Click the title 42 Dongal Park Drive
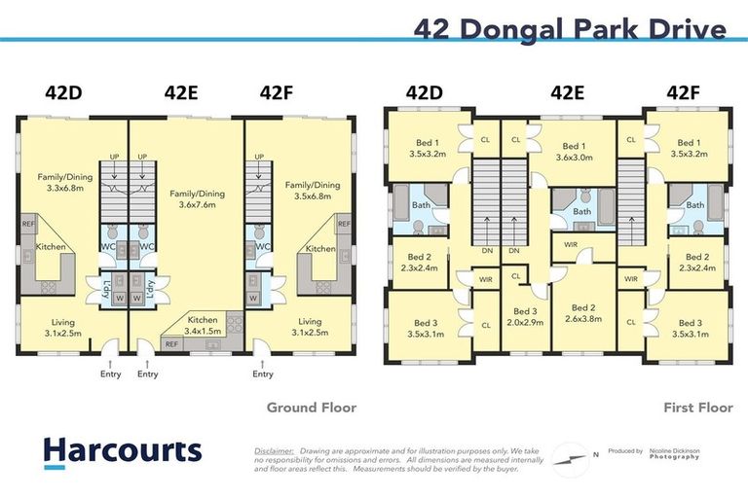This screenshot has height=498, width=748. [x=570, y=29]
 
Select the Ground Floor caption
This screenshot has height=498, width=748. [x=312, y=408]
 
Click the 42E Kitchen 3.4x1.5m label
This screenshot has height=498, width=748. [x=204, y=325]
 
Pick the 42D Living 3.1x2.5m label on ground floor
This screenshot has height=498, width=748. [x=63, y=328]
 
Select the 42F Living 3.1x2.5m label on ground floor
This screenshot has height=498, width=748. [x=310, y=328]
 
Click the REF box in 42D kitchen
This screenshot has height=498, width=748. [x=28, y=225]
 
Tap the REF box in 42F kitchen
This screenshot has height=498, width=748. [x=343, y=225]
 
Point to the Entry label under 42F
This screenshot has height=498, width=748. [x=262, y=373]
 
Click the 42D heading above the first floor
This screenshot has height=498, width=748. [x=424, y=93]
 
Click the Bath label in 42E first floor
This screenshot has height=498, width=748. [x=581, y=211]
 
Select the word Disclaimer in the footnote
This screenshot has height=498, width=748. [x=274, y=451]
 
